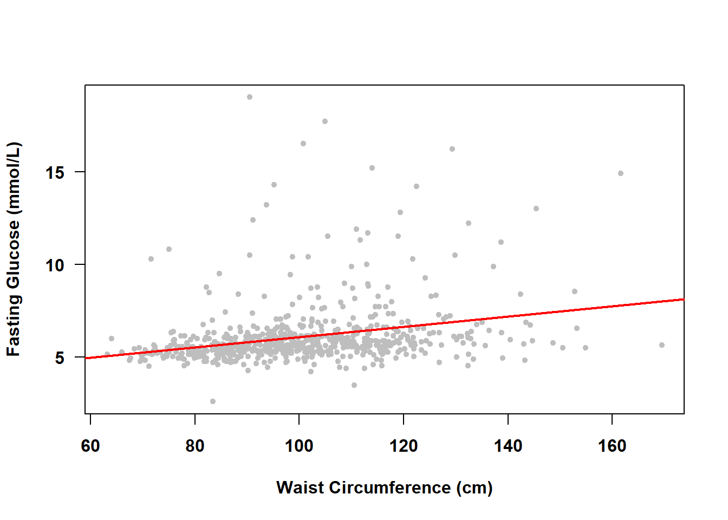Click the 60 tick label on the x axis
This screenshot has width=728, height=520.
90,446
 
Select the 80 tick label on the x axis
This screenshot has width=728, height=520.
195,446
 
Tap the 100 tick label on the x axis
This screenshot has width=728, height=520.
299,446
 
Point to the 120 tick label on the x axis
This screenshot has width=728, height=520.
404,446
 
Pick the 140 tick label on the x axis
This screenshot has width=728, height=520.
508,446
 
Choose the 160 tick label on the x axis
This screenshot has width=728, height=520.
612,446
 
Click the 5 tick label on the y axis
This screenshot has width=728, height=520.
60,357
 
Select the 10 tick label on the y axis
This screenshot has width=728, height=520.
55,265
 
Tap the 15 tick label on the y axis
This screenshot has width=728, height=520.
55,172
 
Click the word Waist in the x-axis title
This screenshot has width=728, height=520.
300,487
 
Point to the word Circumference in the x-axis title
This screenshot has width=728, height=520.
389,487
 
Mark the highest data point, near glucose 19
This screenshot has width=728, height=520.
250,97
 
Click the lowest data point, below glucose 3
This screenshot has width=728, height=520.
213,401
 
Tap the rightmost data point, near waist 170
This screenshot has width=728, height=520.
662,345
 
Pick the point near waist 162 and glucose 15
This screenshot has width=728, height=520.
621,173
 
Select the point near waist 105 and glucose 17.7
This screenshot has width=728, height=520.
325,121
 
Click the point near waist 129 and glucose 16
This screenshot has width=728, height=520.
452,149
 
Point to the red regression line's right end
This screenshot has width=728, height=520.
682,300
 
